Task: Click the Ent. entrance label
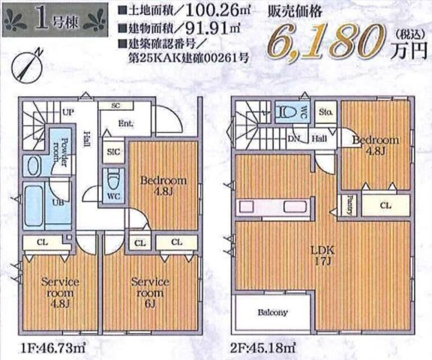[x=124, y=124]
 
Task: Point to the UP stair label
[x=67, y=112]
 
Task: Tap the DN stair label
[x=295, y=139]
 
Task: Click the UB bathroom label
[x=57, y=202]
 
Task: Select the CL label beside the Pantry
[x=384, y=204]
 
